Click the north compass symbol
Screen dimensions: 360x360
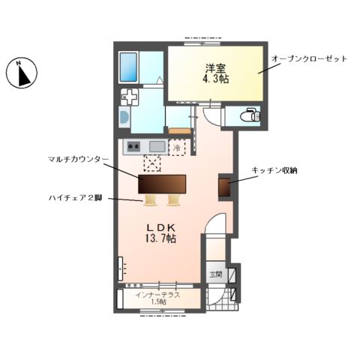point(21,74)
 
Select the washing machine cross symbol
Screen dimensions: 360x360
point(130,97)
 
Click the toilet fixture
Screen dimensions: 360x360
point(250,116)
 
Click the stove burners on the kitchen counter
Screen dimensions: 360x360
point(133,146)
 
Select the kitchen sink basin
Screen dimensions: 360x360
point(157,146)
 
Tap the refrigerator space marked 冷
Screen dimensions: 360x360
point(178,148)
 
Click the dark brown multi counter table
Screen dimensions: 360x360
point(162,183)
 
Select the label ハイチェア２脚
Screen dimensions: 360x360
point(73,198)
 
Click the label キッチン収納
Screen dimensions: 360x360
point(275,171)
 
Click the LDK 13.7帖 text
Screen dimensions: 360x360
point(160,232)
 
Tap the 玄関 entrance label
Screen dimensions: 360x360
point(215,274)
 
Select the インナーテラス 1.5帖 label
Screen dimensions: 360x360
point(159,298)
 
